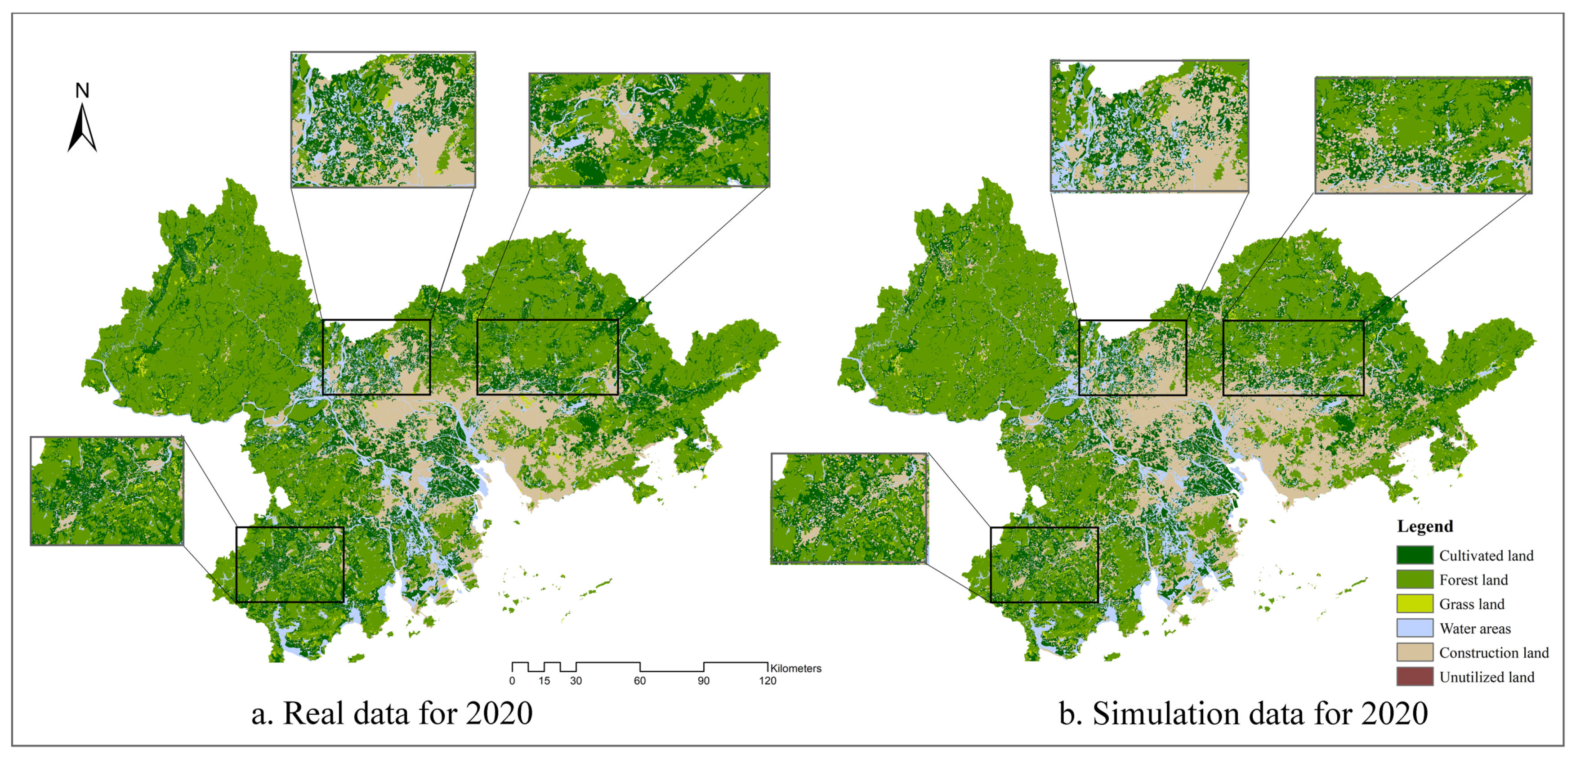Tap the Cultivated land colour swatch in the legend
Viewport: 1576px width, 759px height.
point(1414,555)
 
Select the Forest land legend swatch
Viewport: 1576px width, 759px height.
point(1414,579)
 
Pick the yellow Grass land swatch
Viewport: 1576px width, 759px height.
point(1414,603)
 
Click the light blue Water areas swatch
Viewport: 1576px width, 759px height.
point(1414,628)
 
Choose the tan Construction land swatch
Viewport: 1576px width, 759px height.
point(1414,652)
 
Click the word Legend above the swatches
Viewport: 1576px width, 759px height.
point(1424,526)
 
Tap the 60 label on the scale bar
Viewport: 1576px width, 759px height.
point(639,681)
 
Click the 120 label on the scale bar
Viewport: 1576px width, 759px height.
point(767,681)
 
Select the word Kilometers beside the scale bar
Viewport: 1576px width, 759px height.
point(795,669)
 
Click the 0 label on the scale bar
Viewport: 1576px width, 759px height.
point(512,681)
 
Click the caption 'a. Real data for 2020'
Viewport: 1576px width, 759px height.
point(392,714)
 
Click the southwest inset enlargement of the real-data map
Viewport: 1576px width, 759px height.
point(107,491)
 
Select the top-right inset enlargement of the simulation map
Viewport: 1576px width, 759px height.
point(1423,135)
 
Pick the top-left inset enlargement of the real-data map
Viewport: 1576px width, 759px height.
point(383,119)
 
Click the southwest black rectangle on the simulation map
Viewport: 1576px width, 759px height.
point(1044,564)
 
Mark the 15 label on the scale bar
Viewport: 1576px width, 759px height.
point(544,681)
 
